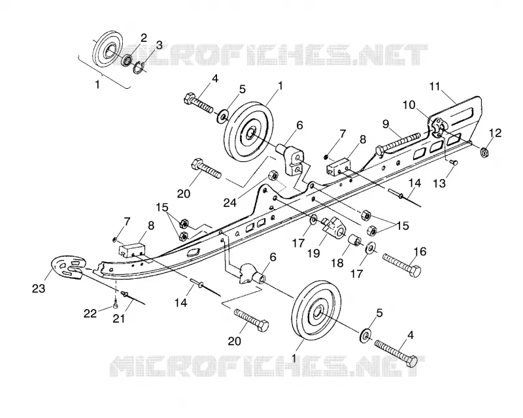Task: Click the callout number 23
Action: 39,288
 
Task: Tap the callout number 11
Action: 435,86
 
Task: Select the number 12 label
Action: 496,133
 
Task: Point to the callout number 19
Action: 314,253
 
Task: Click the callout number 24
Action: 230,202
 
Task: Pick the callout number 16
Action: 420,251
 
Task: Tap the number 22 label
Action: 90,313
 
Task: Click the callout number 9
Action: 386,124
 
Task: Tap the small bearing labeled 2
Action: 127,60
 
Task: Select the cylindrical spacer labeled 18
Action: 354,239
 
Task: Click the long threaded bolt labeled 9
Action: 398,142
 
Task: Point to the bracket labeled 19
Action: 333,228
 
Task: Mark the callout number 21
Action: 119,319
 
